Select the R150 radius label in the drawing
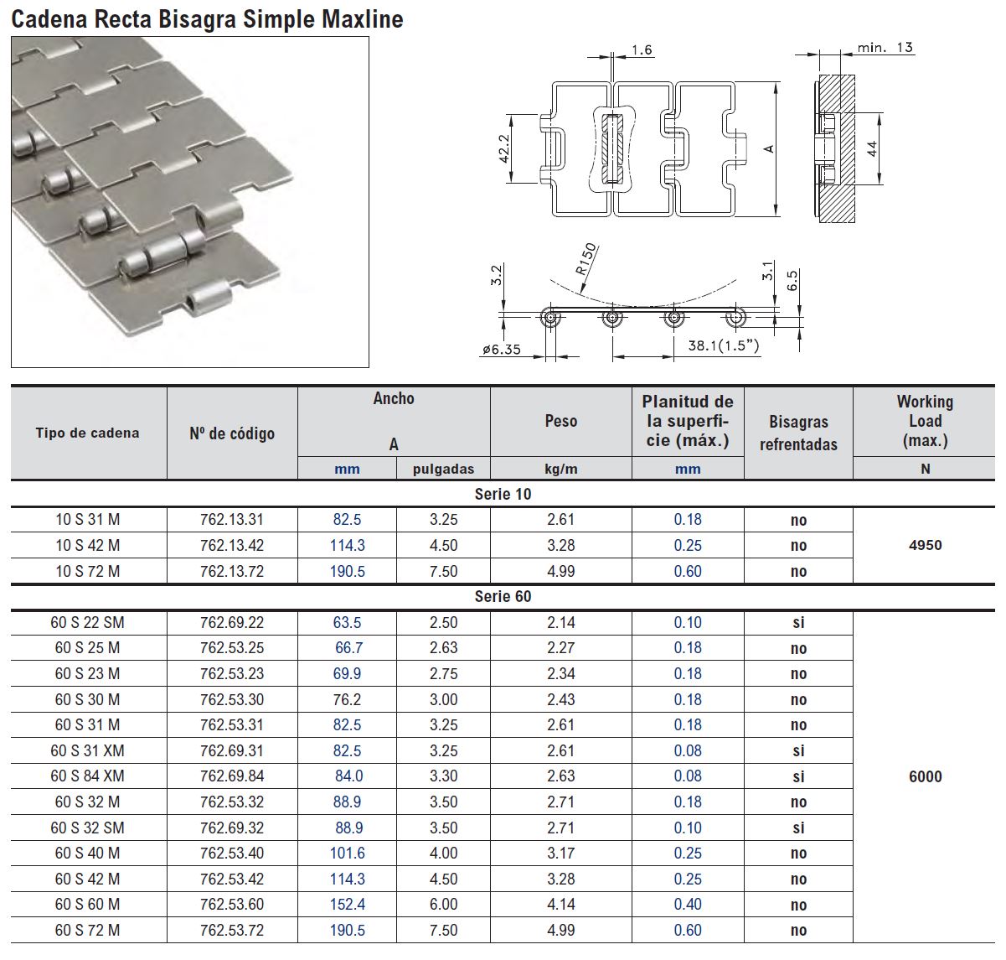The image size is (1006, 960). click(586, 259)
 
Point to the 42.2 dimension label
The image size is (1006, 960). click(504, 150)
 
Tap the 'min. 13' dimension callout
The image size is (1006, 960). click(885, 48)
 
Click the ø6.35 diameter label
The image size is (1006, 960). click(502, 349)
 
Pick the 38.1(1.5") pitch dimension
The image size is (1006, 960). click(723, 345)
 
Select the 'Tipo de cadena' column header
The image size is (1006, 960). click(87, 433)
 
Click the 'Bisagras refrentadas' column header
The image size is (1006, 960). click(798, 433)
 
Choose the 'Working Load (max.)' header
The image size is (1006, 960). click(925, 421)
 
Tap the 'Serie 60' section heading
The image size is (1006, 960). click(503, 596)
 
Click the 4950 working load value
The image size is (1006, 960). click(925, 545)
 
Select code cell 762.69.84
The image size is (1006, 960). click(232, 776)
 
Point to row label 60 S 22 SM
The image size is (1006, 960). click(87, 622)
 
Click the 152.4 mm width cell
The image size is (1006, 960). click(347, 905)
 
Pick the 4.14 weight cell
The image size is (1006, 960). click(560, 905)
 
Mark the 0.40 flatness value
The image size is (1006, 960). click(688, 905)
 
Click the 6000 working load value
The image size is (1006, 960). click(925, 776)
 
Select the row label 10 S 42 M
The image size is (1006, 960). click(87, 545)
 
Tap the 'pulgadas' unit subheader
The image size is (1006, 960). click(443, 469)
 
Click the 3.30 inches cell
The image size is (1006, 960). click(443, 776)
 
